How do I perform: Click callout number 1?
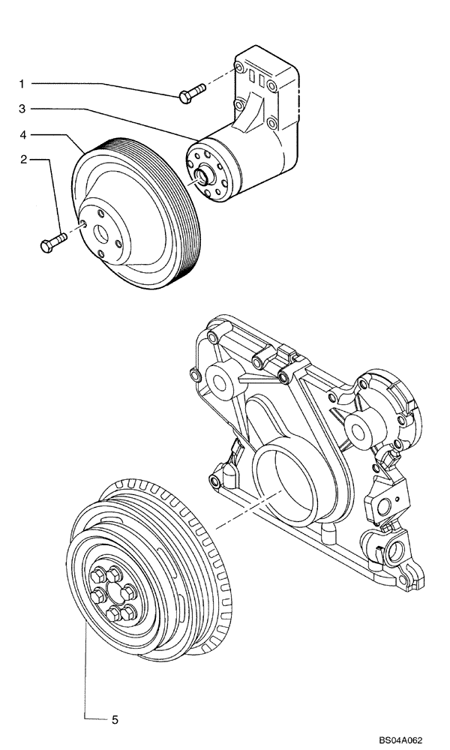click(x=22, y=82)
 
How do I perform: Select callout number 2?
click(x=22, y=159)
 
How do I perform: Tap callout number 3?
click(x=22, y=109)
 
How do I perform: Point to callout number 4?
click(x=22, y=135)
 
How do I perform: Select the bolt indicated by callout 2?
click(x=52, y=242)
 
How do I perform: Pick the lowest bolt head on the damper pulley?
click(x=114, y=615)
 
